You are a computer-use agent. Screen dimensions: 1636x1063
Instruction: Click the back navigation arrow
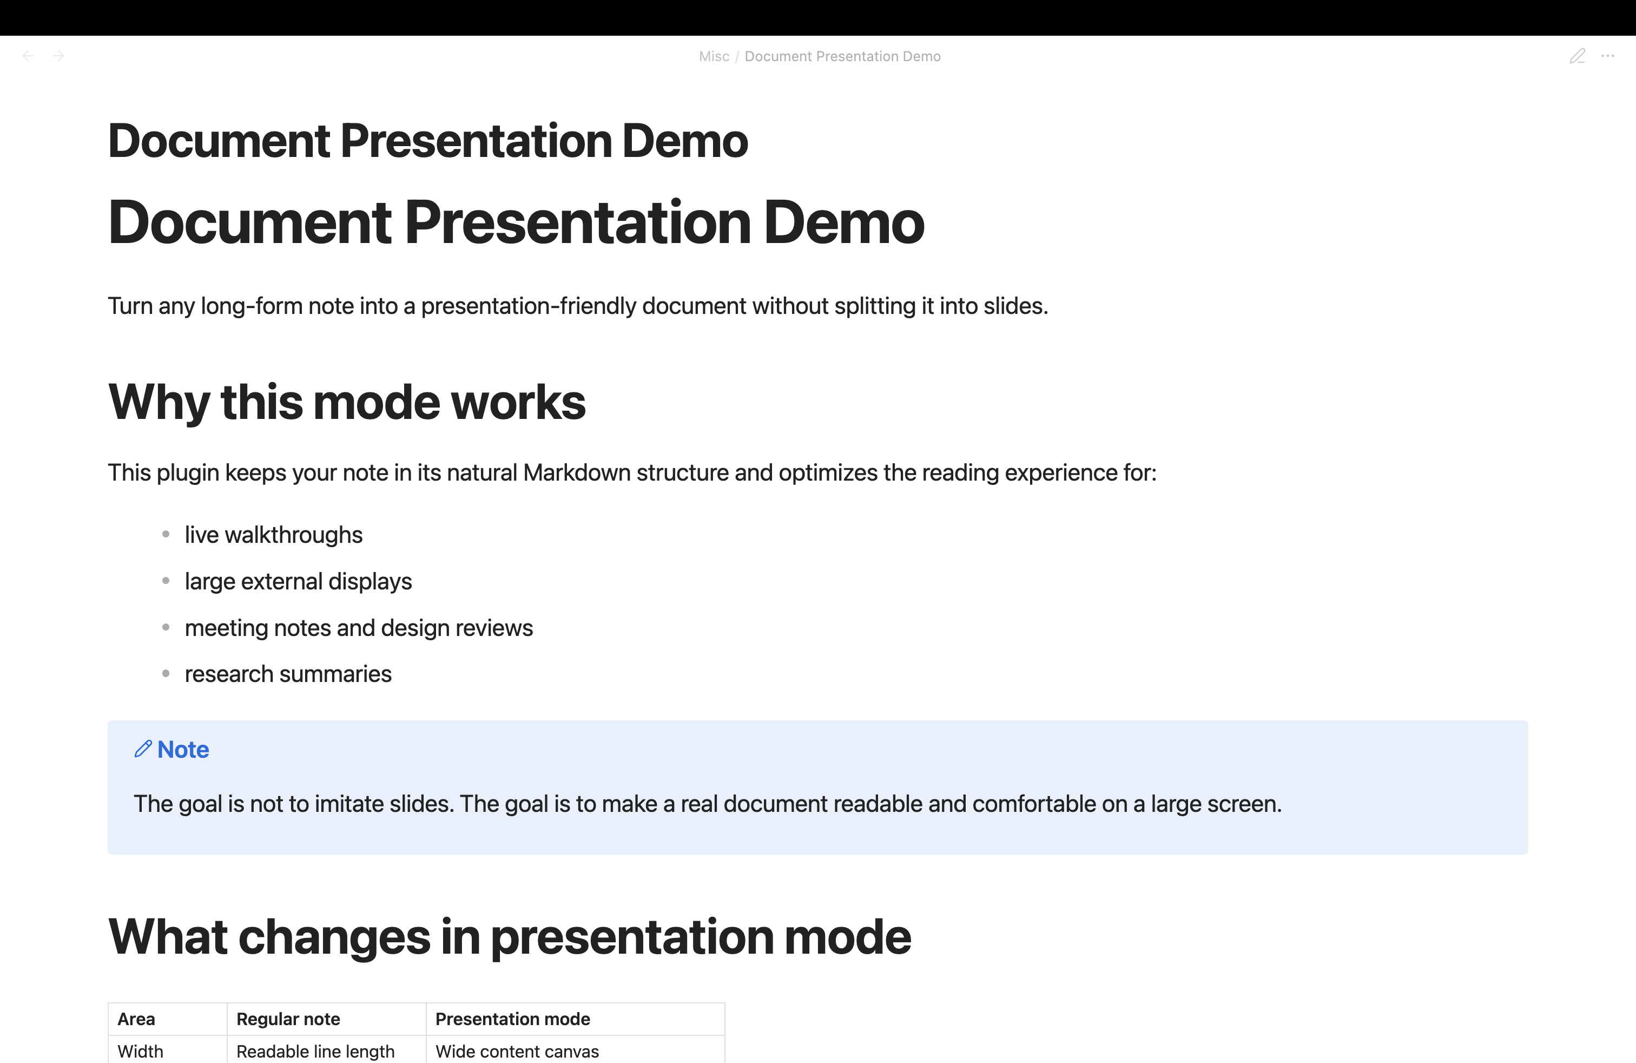pyautogui.click(x=28, y=56)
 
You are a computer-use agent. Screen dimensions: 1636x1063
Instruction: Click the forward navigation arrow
pyautogui.click(x=58, y=56)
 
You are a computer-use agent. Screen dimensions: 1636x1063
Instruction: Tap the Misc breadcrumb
pyautogui.click(x=714, y=56)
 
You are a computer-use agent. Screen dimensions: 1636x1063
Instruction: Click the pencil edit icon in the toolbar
pyautogui.click(x=1577, y=56)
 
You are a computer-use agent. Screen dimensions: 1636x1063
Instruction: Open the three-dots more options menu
pyautogui.click(x=1607, y=56)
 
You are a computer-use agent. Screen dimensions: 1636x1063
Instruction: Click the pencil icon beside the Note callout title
pyautogui.click(x=143, y=749)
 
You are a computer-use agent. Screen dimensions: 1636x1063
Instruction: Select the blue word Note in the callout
pyautogui.click(x=183, y=750)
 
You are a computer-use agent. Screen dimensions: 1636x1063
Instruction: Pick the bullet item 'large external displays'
pyautogui.click(x=298, y=582)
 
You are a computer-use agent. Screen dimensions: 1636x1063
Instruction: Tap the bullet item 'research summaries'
pyautogui.click(x=288, y=674)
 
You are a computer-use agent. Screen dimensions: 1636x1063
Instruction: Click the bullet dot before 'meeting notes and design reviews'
pyautogui.click(x=166, y=627)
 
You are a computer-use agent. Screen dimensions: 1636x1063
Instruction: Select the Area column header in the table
pyautogui.click(x=136, y=1019)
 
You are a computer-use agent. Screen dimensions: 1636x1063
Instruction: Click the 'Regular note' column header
pyautogui.click(x=288, y=1019)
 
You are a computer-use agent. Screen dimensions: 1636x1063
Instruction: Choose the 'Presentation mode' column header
pyautogui.click(x=513, y=1019)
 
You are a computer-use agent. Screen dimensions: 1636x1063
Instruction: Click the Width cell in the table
pyautogui.click(x=140, y=1051)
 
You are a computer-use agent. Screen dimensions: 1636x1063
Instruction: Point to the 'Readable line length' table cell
pyautogui.click(x=315, y=1051)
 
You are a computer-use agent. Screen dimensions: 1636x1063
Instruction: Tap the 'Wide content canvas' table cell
pyautogui.click(x=517, y=1051)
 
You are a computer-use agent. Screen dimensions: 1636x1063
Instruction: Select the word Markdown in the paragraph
pyautogui.click(x=577, y=473)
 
